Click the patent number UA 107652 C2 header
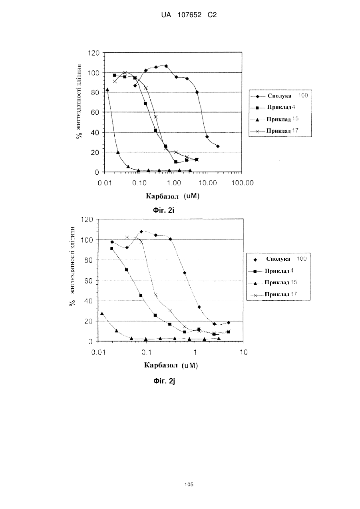pyautogui.click(x=189, y=15)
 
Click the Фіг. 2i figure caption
pyautogui.click(x=164, y=210)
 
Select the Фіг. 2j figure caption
pyautogui.click(x=164, y=381)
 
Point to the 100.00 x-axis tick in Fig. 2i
pyautogui.click(x=243, y=183)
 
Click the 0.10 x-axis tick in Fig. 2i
pyautogui.click(x=139, y=183)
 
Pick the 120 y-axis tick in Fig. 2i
pyautogui.click(x=93, y=53)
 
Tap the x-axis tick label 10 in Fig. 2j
pyautogui.click(x=244, y=352)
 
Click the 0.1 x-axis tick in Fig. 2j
pyautogui.click(x=146, y=352)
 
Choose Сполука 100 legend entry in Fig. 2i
pyautogui.click(x=279, y=96)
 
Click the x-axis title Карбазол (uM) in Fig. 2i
pyautogui.click(x=173, y=196)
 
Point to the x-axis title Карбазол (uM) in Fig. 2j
pyautogui.click(x=171, y=365)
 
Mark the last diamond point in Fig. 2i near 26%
pyautogui.click(x=218, y=146)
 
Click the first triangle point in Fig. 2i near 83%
pyautogui.click(x=107, y=90)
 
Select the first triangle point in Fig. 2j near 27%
pyautogui.click(x=102, y=313)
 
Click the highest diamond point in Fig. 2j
pyautogui.click(x=141, y=232)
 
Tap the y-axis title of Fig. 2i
pyautogui.click(x=79, y=101)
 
